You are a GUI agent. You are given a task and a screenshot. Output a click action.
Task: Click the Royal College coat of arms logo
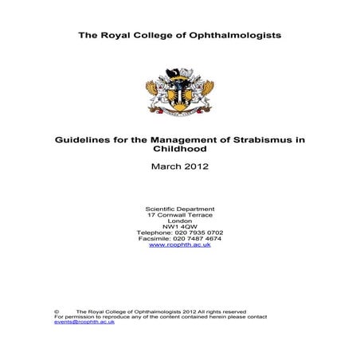(x=179, y=91)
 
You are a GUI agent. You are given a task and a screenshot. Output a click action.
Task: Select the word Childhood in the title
(x=179, y=149)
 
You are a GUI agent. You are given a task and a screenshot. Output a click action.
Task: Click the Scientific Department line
(x=179, y=209)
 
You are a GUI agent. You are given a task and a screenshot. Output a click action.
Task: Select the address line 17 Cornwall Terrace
(x=179, y=216)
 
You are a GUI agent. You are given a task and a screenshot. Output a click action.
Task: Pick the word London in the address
(x=179, y=223)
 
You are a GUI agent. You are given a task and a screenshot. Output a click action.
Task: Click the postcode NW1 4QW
(x=179, y=230)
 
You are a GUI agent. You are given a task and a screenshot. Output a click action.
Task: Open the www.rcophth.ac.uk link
(x=179, y=252)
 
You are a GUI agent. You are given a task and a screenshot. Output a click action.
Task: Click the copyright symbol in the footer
(x=57, y=312)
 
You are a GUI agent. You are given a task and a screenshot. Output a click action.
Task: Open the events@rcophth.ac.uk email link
(x=84, y=323)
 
